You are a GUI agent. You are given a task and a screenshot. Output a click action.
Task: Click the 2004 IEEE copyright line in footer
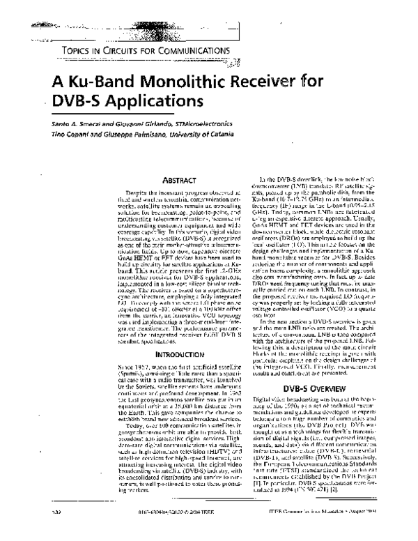143,532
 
